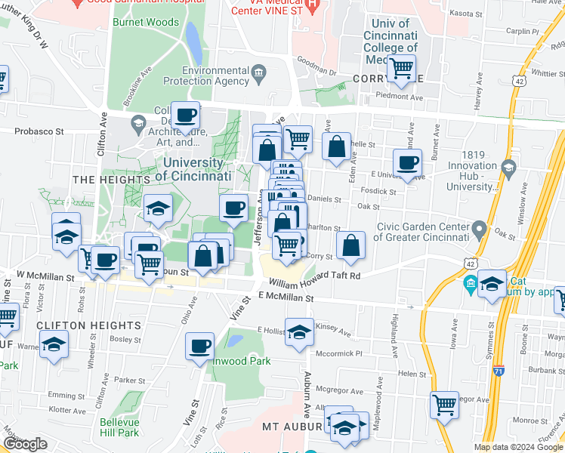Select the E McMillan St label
point(286,298)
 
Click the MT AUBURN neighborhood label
point(288,427)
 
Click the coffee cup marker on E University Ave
point(408,163)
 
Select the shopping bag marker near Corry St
point(350,245)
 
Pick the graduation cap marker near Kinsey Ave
point(299,331)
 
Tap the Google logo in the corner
point(25,445)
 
